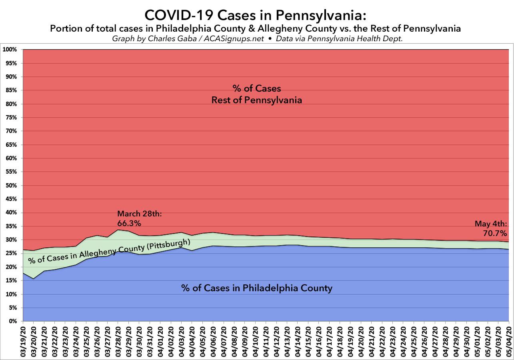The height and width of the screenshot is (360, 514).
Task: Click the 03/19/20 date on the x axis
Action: [x=23, y=340]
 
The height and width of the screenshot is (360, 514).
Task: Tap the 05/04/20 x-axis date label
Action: [x=509, y=340]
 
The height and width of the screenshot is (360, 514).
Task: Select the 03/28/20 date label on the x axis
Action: [x=118, y=340]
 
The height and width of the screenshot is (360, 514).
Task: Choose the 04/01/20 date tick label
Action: [x=160, y=340]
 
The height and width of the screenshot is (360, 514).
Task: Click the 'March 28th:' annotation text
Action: [x=139, y=214]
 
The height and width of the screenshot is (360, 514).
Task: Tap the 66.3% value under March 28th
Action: [x=129, y=222]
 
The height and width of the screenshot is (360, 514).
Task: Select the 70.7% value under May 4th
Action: [x=496, y=233]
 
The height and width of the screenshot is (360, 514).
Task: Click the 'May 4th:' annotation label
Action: [x=491, y=224]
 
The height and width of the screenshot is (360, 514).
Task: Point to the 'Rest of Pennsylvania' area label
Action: [x=256, y=100]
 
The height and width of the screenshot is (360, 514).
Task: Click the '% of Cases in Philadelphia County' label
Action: [x=256, y=288]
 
